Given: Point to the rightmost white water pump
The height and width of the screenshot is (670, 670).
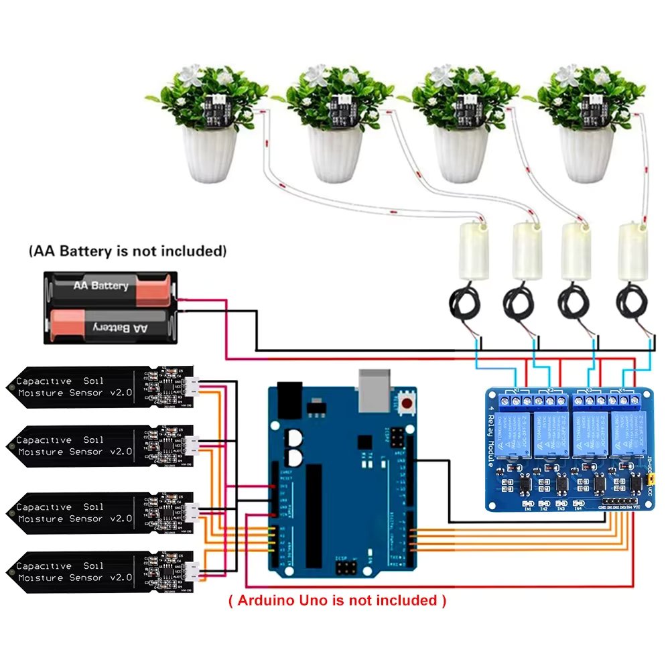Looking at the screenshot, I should [633, 251].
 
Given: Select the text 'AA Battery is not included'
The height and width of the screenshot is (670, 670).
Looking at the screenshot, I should [127, 252].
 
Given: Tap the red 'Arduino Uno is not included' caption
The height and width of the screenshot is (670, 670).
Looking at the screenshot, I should [337, 600].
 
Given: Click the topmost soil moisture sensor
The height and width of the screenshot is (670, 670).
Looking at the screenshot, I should [100, 387].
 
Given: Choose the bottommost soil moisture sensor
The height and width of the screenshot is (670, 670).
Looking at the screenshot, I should [100, 572].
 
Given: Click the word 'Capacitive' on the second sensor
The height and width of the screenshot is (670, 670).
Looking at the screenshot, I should [44, 440].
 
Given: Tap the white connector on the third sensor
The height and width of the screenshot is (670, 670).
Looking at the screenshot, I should [192, 514].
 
